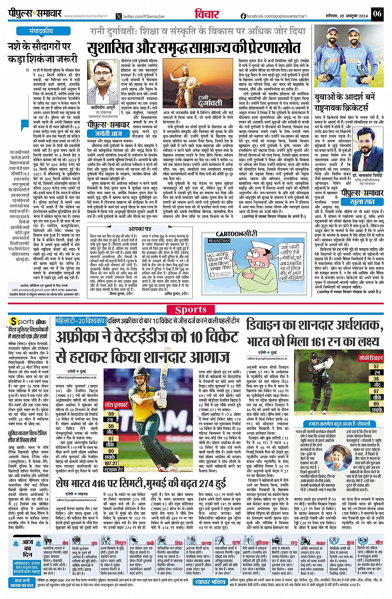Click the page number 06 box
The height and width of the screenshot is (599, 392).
[377, 14]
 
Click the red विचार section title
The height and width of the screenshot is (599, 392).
[207, 14]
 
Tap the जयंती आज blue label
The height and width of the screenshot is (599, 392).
[109, 133]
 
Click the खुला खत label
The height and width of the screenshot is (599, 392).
[362, 202]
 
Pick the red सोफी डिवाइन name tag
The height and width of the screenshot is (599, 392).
[370, 358]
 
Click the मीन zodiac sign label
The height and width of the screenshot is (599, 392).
[378, 542]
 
